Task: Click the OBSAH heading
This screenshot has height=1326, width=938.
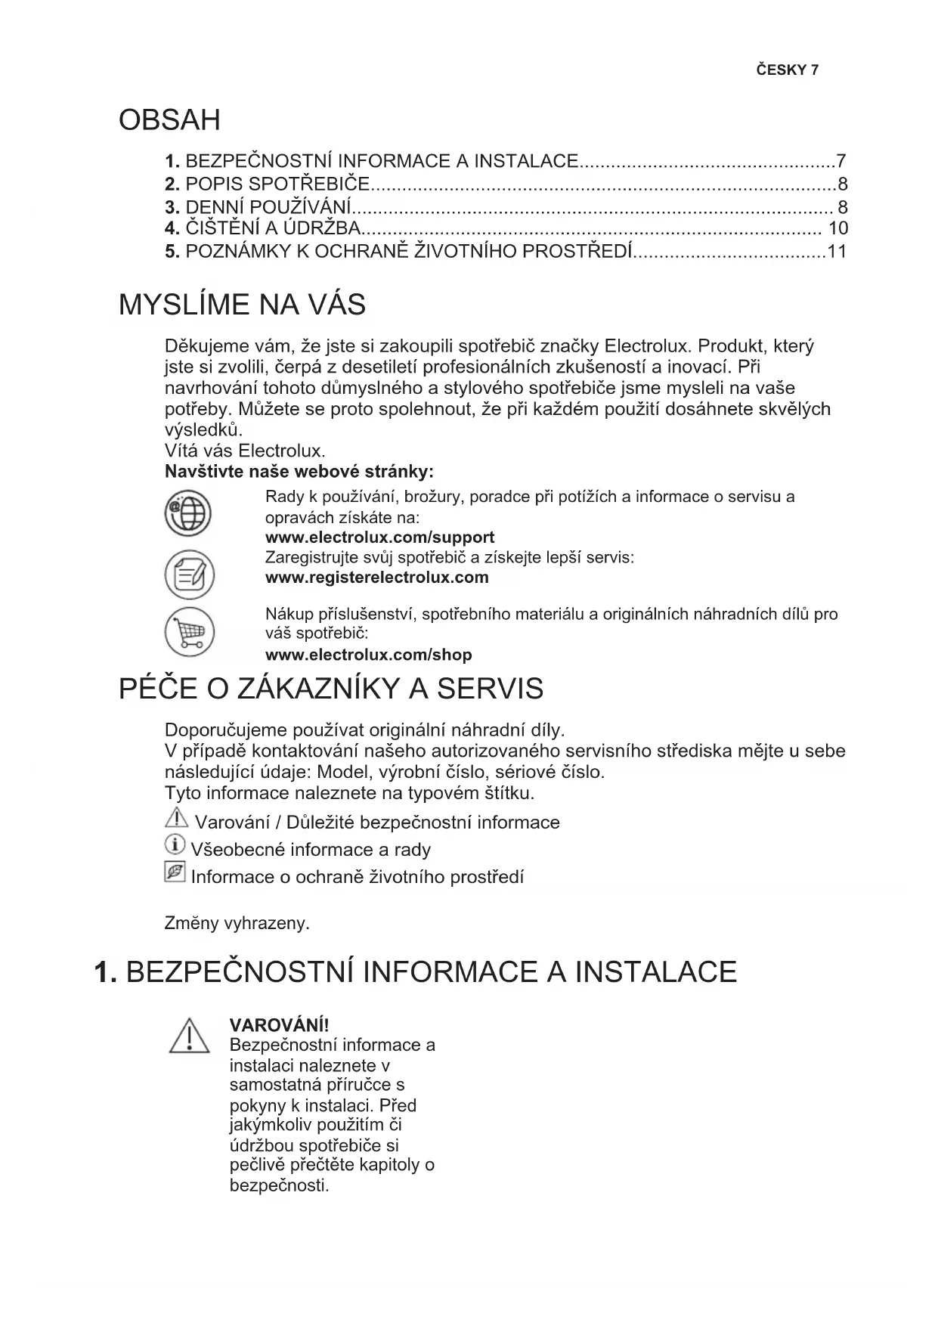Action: pyautogui.click(x=169, y=120)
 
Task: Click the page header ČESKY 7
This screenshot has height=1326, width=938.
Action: pyautogui.click(x=787, y=70)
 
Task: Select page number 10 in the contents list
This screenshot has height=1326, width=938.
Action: pyautogui.click(x=837, y=228)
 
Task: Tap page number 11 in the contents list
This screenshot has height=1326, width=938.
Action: pyautogui.click(x=837, y=252)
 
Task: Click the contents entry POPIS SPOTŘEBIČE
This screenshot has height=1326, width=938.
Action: pyautogui.click(x=277, y=184)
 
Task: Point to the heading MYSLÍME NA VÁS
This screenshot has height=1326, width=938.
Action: pyautogui.click(x=242, y=305)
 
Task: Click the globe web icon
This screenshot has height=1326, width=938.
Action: pyautogui.click(x=188, y=515)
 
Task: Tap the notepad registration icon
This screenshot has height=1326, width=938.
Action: pyautogui.click(x=189, y=575)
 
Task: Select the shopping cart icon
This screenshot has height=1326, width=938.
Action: pyautogui.click(x=189, y=632)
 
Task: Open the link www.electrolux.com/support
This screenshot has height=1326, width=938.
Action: pyautogui.click(x=379, y=538)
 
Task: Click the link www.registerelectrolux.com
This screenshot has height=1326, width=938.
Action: pyautogui.click(x=376, y=578)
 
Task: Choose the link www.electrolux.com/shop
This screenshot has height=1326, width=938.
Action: pyautogui.click(x=368, y=655)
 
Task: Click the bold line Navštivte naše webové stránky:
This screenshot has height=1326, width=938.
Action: pyautogui.click(x=299, y=472)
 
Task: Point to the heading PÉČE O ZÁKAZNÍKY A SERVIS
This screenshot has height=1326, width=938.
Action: pyautogui.click(x=331, y=689)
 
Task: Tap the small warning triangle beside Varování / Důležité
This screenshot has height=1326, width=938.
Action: pyautogui.click(x=176, y=818)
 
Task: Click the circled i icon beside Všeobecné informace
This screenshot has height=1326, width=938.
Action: pyautogui.click(x=175, y=844)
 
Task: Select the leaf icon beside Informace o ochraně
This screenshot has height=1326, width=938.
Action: pyautogui.click(x=175, y=872)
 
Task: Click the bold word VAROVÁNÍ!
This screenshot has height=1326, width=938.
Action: pyautogui.click(x=279, y=1025)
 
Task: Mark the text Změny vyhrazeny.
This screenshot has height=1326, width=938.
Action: pyautogui.click(x=237, y=923)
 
